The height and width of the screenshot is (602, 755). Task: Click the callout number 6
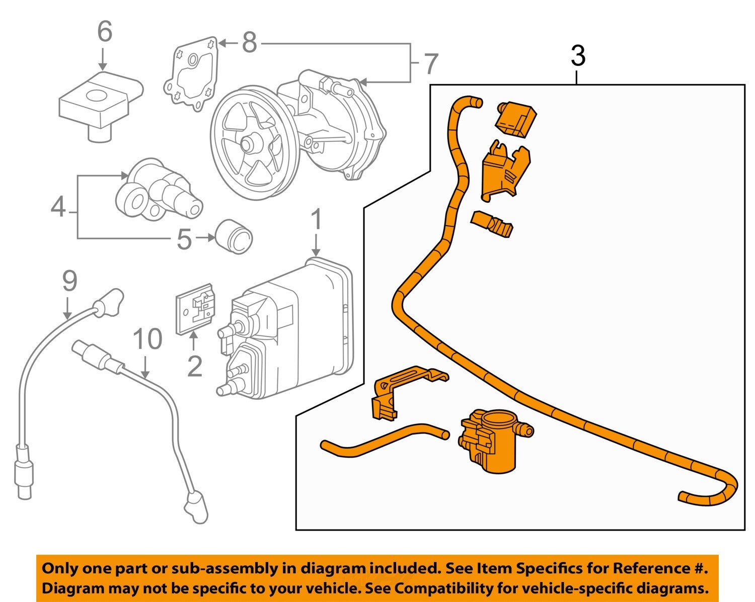104,32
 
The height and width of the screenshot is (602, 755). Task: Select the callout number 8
249,43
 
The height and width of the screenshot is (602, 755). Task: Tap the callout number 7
431,64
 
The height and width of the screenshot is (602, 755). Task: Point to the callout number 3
578,56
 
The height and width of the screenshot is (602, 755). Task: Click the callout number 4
58,207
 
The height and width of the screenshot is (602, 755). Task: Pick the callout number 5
184,239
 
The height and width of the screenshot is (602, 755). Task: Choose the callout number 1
316,220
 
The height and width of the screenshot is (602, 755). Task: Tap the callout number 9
69,281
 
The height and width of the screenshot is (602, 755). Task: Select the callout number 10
147,339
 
